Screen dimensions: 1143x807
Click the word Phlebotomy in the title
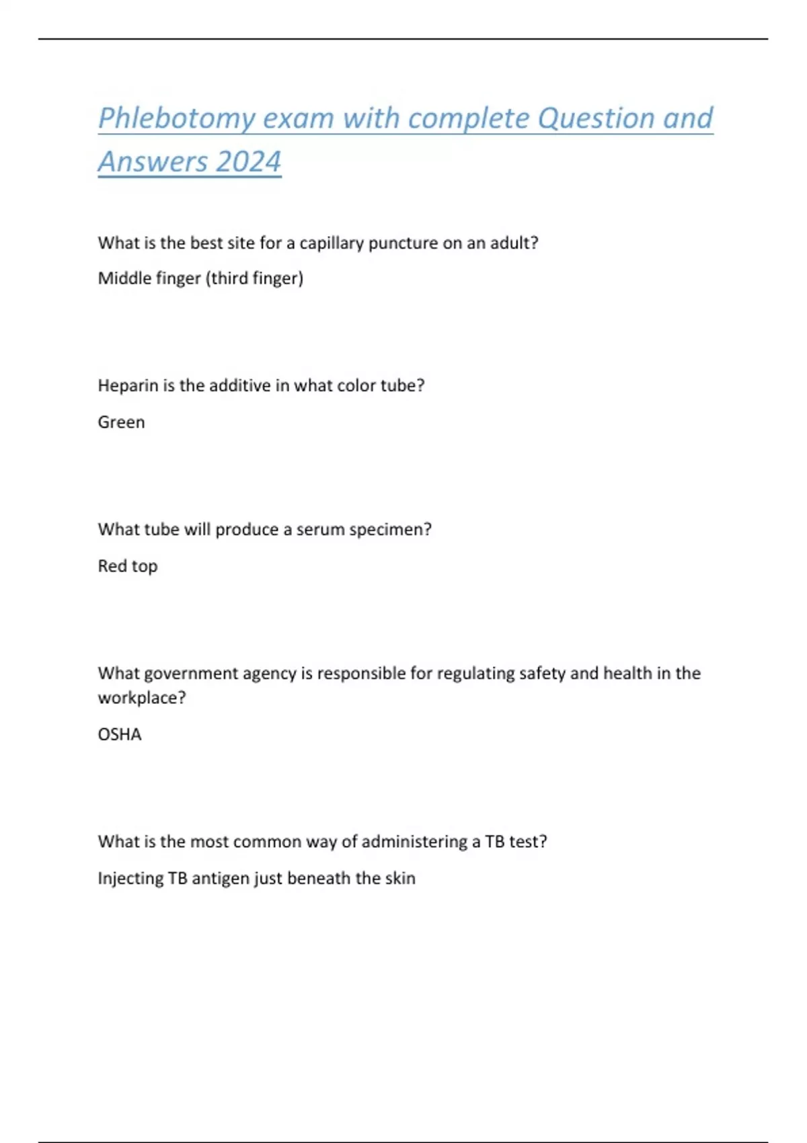coord(176,119)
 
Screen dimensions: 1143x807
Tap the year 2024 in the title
coord(249,162)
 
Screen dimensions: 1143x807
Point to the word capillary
coord(332,243)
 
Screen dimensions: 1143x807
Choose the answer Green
coord(121,422)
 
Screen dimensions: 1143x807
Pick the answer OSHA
coord(120,734)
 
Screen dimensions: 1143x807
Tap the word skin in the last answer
coord(400,878)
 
